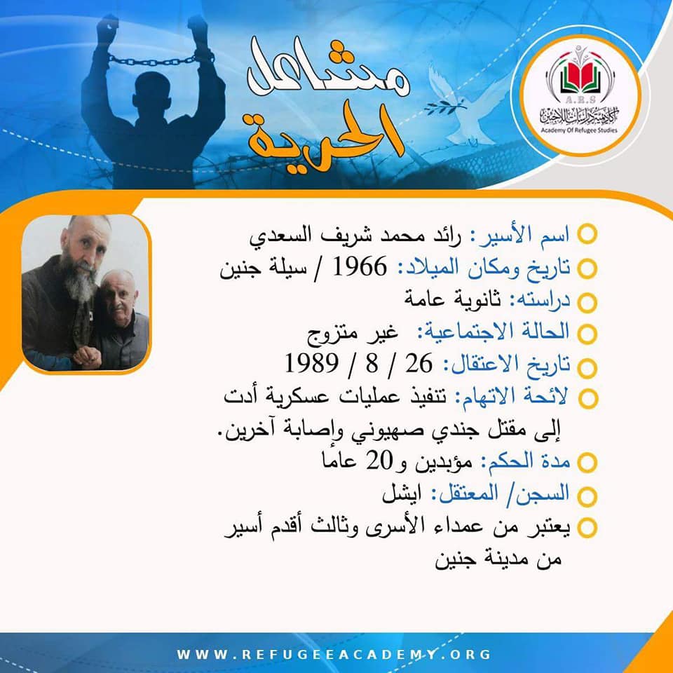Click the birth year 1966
360,267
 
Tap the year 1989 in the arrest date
311,363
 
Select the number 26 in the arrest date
419,363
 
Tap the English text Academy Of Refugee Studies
579,130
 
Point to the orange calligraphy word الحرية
326,135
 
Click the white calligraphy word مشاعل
328,69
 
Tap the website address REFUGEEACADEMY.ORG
334,654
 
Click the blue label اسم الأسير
521,234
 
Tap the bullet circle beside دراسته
587,302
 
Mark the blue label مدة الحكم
525,461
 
